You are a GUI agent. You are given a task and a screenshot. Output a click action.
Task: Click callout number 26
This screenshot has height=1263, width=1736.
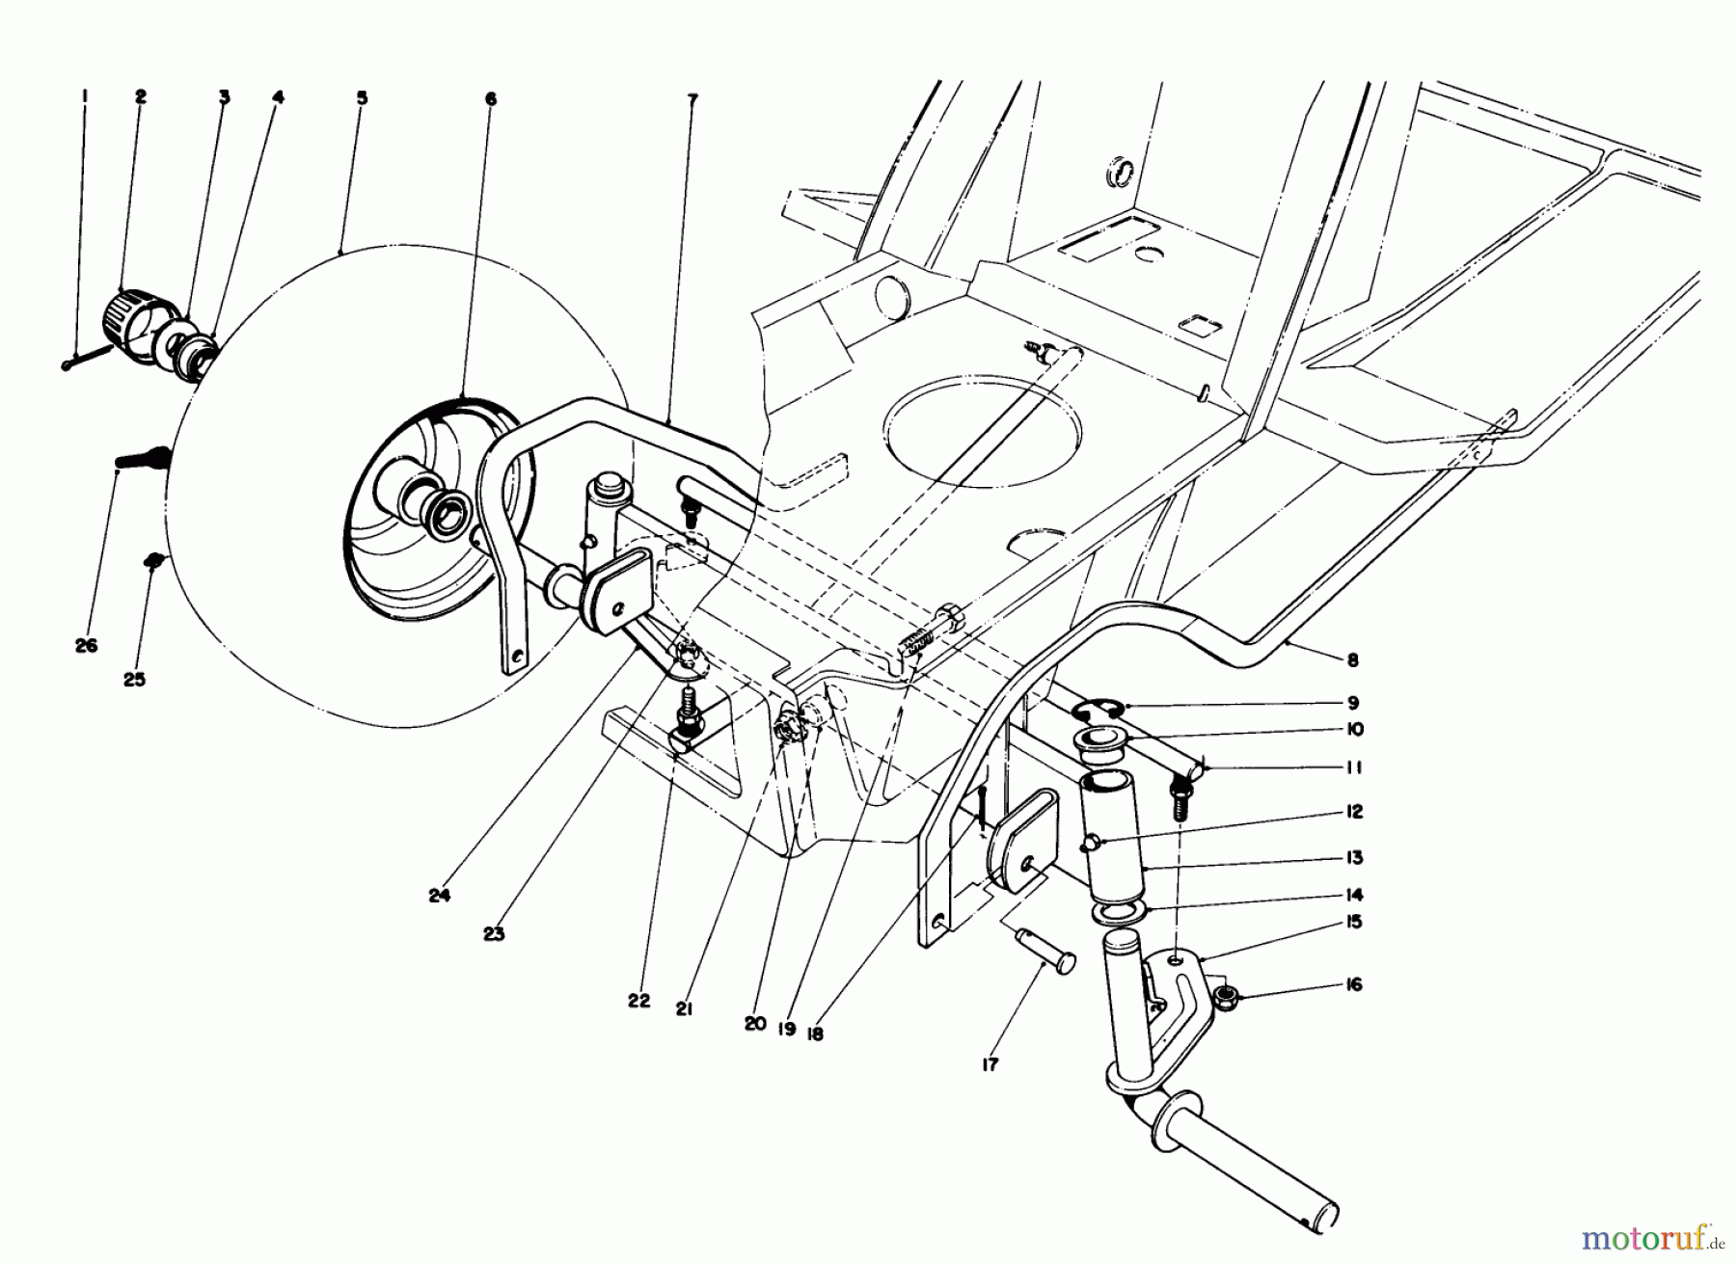(86, 646)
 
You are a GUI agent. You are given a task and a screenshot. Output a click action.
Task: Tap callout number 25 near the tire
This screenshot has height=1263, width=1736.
(134, 680)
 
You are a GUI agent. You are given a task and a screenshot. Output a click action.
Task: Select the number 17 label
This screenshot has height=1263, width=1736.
(990, 1064)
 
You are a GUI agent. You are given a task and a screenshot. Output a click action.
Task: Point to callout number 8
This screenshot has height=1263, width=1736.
(1352, 660)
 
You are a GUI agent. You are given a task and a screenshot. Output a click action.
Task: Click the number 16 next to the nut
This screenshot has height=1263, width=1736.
(1354, 985)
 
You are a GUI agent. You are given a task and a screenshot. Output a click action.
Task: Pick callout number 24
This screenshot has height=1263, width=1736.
(440, 896)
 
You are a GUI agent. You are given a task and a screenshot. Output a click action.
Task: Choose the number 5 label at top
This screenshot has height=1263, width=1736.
(361, 97)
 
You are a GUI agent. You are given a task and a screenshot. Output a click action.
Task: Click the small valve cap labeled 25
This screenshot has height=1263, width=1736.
(151, 559)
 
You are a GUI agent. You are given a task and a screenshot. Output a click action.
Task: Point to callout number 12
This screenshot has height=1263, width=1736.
(1353, 812)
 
